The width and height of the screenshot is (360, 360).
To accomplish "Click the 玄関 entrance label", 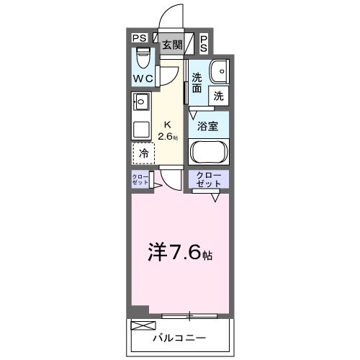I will click(x=171, y=45).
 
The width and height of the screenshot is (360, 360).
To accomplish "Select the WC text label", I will click(x=141, y=78).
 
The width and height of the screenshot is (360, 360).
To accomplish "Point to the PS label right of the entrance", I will click(x=204, y=44).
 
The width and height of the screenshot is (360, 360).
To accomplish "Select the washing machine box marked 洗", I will click(x=217, y=94).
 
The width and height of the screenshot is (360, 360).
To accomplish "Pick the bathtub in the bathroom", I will click(x=208, y=153).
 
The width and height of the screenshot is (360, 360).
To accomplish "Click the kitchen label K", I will click(x=168, y=122).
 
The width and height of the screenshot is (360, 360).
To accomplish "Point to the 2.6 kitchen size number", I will click(x=166, y=135).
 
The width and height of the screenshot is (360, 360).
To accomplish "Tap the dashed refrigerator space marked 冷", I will click(x=144, y=153).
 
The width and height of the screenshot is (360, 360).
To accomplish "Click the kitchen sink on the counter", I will click(x=141, y=102).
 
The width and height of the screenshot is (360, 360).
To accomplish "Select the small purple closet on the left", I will click(x=140, y=180).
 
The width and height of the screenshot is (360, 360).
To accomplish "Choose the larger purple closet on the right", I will click(x=208, y=180).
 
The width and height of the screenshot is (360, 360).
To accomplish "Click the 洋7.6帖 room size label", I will click(x=179, y=252).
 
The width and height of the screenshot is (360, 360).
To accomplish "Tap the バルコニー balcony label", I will click(x=179, y=337).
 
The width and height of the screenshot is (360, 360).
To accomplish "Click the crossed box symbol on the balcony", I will click(x=140, y=325).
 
